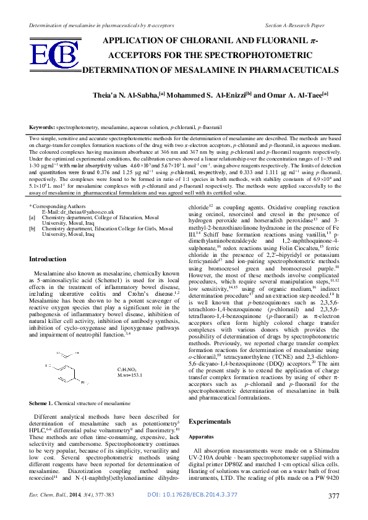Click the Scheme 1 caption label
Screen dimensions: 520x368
coord(41,403)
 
